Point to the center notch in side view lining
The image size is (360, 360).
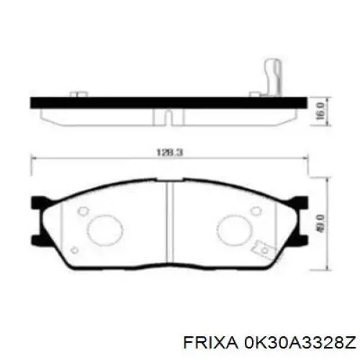167,116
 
